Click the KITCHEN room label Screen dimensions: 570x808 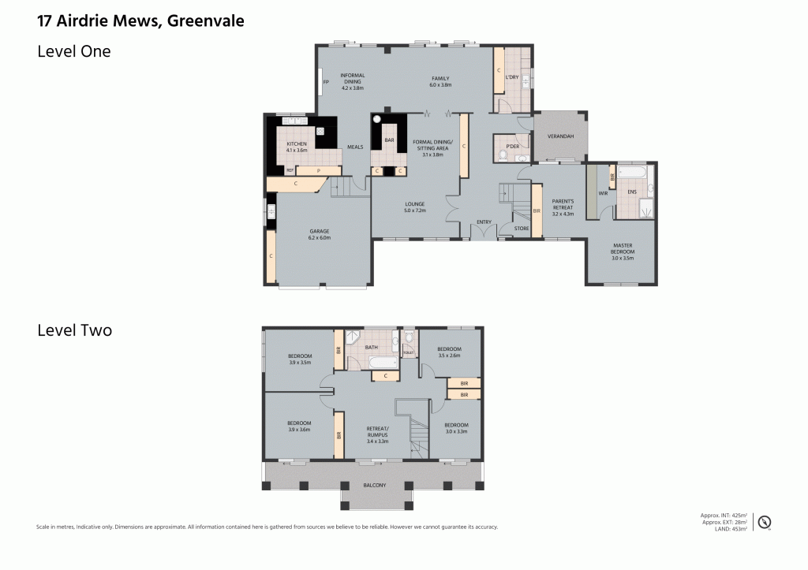297,143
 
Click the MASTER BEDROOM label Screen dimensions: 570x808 623,248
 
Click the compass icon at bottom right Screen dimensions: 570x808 764,521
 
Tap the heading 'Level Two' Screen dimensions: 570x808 74,330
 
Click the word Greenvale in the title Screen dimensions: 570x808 205,21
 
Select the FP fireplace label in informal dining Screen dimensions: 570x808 325,80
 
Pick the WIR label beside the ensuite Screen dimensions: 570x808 602,192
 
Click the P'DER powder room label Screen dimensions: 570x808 512,146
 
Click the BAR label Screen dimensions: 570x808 389,140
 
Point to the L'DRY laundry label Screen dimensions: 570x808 512,77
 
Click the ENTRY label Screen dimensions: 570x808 484,222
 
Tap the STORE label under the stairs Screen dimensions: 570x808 520,229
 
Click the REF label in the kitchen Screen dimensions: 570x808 290,170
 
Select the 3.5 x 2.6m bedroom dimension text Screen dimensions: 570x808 449,356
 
